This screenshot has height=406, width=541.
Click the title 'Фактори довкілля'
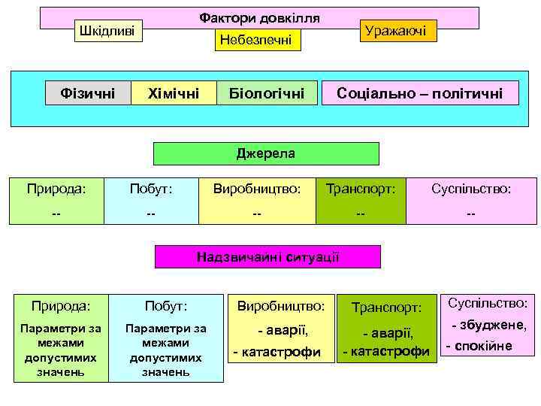pos(259,17)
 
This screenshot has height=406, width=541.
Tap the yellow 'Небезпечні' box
pos(258,41)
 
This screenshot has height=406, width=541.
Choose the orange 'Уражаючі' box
pos(394,31)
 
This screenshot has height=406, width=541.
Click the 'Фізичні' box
pos(88,94)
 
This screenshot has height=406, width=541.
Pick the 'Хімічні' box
pos(174,94)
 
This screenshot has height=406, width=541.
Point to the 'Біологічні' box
pos(267,94)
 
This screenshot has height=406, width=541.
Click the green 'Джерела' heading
pos(266,154)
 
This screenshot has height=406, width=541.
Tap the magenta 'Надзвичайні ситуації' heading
pos(267,256)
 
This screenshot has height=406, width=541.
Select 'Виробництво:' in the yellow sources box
pos(257,189)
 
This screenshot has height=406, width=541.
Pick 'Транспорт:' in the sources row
pos(361,189)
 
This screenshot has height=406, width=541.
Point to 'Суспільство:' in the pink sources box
pos(471,189)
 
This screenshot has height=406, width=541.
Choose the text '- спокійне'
pos(479,347)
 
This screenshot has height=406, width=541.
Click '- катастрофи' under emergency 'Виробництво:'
pos(277,352)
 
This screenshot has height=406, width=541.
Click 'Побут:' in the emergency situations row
pos(166,307)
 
